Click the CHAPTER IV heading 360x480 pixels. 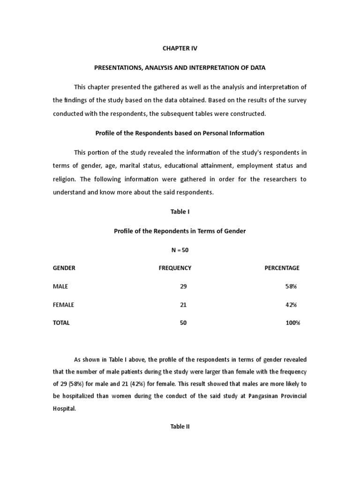[x=180, y=48]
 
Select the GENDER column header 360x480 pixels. [x=64, y=268]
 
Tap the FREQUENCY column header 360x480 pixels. [x=175, y=268]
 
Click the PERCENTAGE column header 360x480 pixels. [x=282, y=268]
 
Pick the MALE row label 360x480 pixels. [x=60, y=286]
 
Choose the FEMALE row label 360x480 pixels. [x=63, y=305]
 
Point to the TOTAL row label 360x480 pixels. [x=61, y=323]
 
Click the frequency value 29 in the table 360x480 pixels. [x=183, y=286]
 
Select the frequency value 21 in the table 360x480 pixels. [x=183, y=305]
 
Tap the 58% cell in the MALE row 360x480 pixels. [x=291, y=286]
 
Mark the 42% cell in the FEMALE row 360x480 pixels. [x=291, y=305]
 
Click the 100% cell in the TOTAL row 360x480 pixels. [x=292, y=323]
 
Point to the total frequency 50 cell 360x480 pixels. [x=183, y=323]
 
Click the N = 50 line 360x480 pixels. [x=180, y=250]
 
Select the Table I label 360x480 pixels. [x=180, y=212]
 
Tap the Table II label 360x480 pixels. [x=180, y=427]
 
